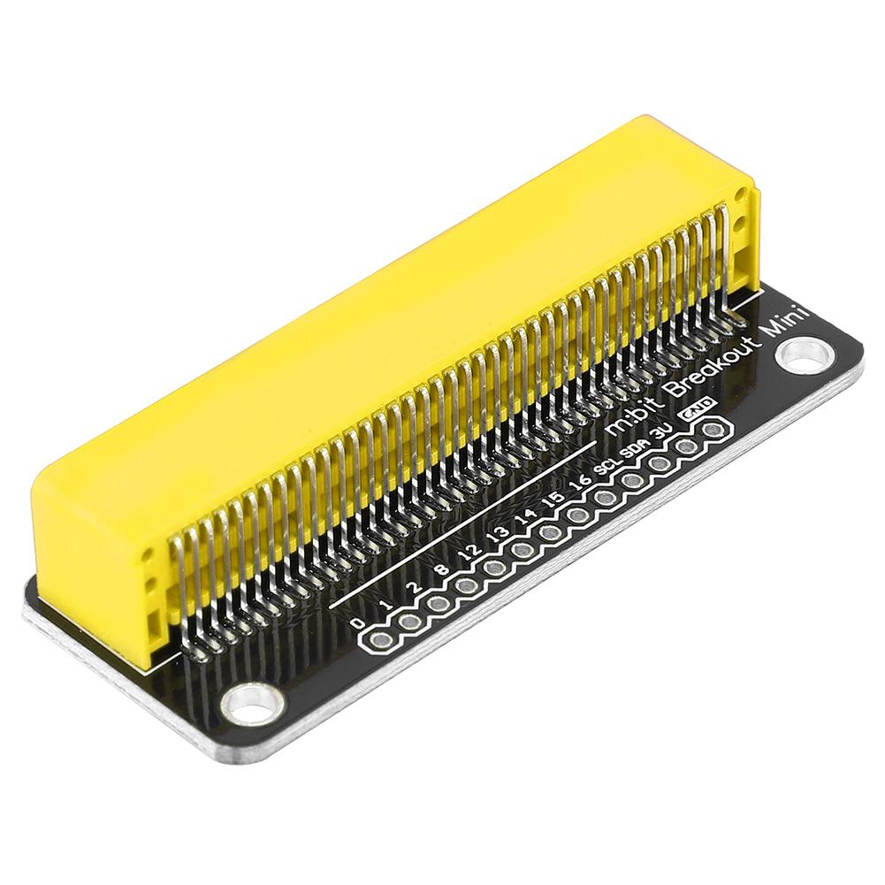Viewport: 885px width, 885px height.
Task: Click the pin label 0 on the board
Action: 356,622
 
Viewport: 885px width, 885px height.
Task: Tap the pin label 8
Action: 444,569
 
